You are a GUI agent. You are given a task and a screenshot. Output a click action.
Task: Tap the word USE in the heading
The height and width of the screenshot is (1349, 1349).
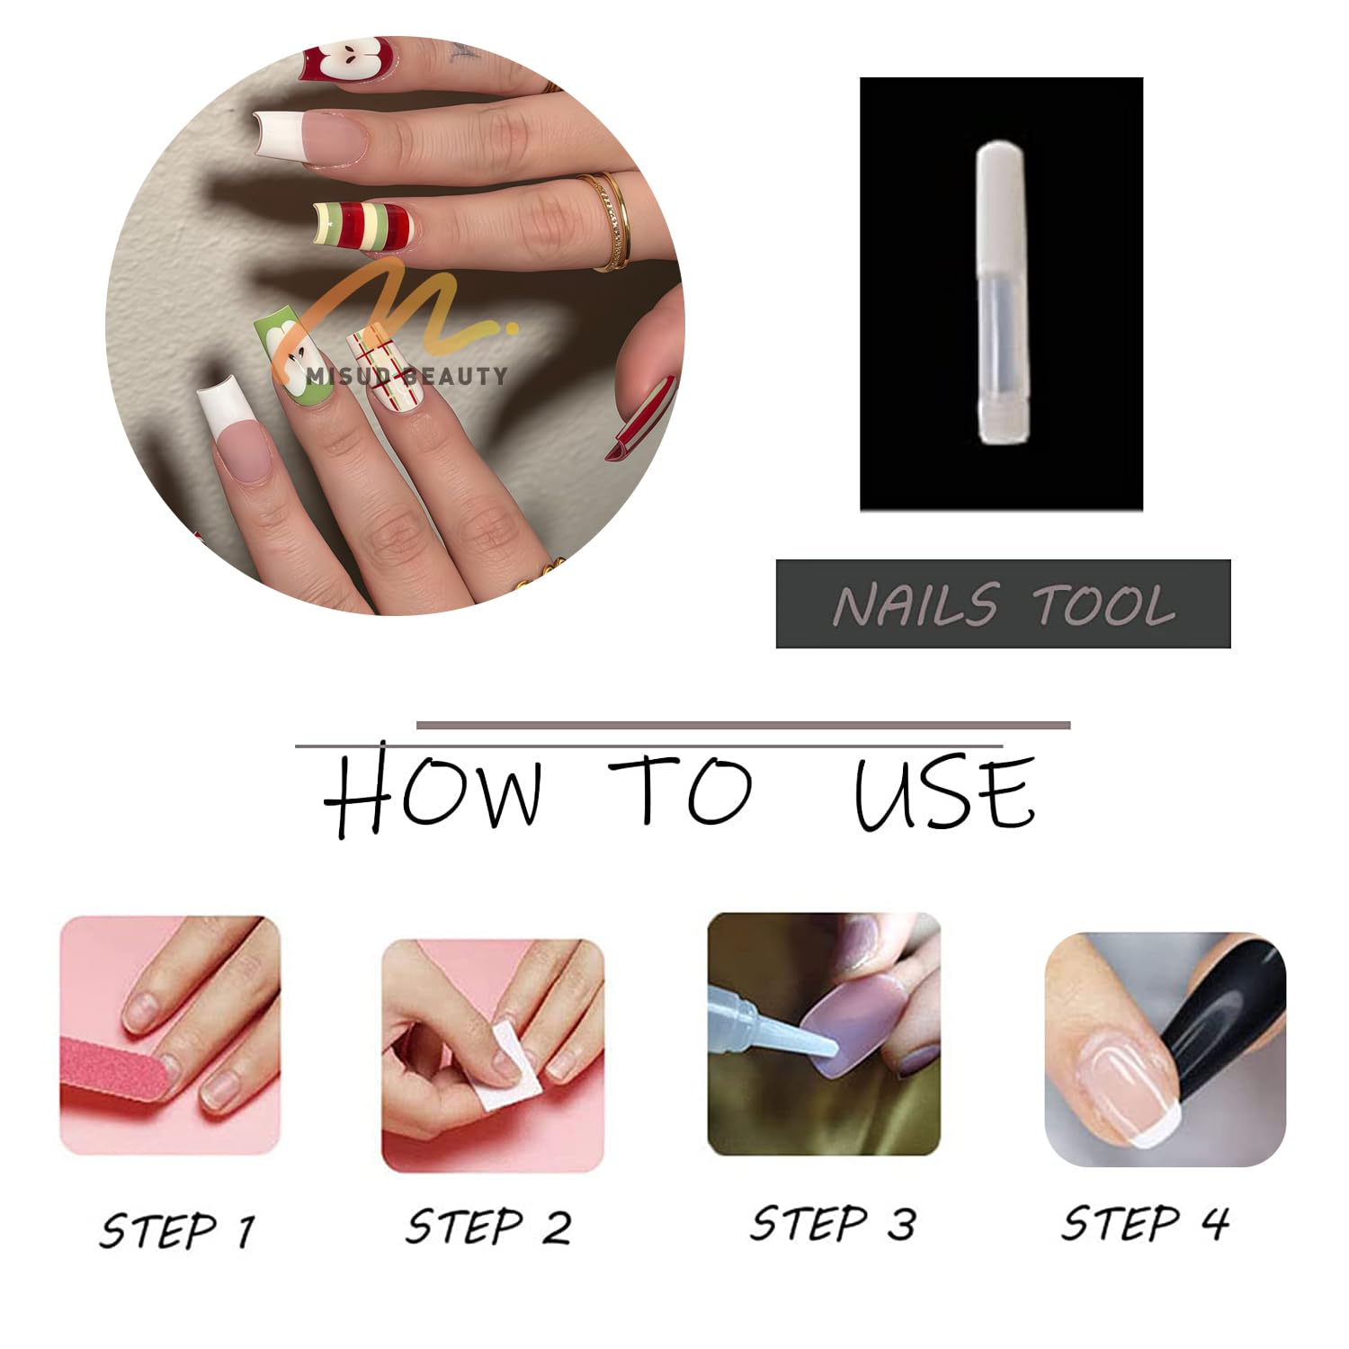[944, 793]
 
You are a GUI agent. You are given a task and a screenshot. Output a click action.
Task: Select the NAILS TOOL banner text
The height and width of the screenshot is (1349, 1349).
[1004, 604]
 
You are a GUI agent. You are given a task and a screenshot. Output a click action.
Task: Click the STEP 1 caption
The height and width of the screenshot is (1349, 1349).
[177, 1229]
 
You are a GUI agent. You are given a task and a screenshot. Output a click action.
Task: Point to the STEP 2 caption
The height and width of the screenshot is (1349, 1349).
[488, 1227]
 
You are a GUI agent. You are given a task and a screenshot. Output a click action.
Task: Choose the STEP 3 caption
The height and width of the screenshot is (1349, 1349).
[833, 1223]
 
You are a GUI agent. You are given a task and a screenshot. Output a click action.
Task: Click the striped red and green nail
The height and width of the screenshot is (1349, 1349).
[362, 226]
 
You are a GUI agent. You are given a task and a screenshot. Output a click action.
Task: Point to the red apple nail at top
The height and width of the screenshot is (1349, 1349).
[347, 58]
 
